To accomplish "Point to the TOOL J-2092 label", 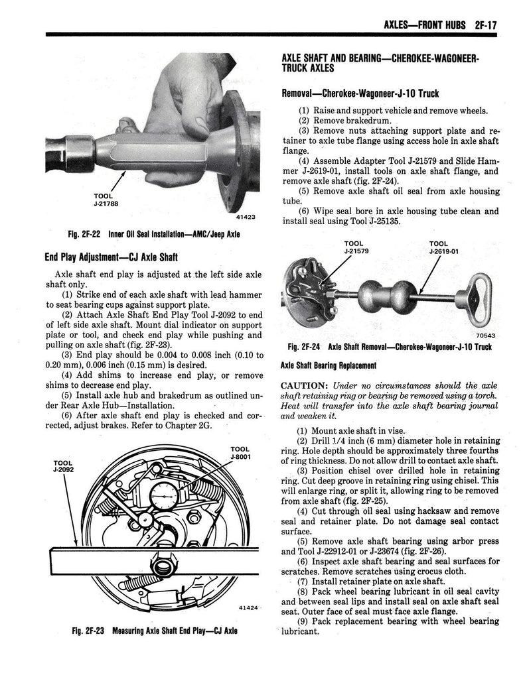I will pyautogui.click(x=63, y=466).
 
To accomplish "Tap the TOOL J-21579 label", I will pyautogui.click(x=356, y=247).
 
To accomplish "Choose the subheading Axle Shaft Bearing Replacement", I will pyautogui.click(x=329, y=365).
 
